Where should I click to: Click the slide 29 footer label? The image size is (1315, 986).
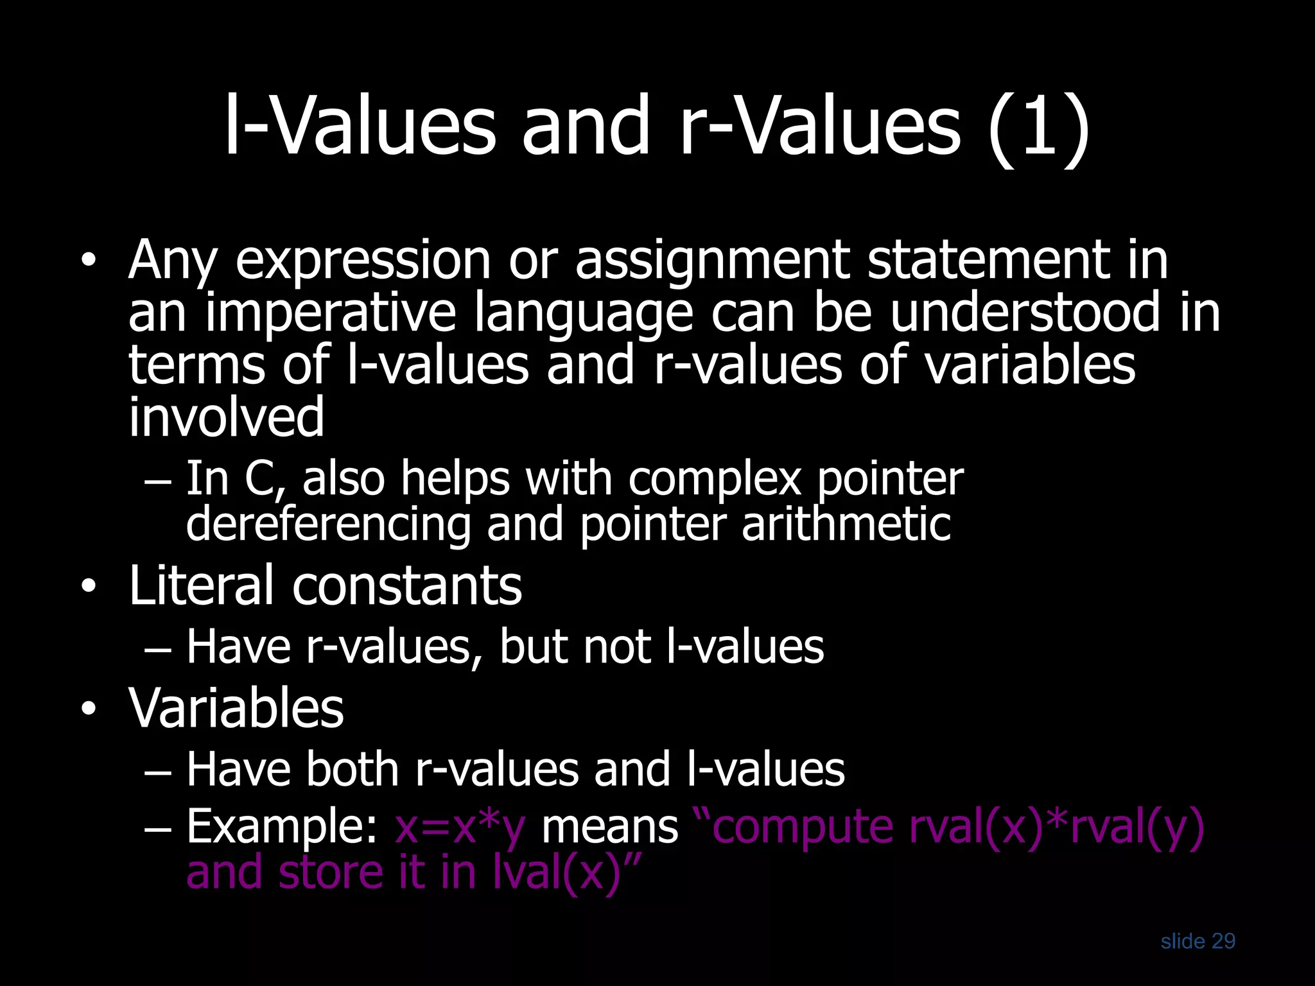(1197, 941)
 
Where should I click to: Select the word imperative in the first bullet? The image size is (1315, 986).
(330, 313)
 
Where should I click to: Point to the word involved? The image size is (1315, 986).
(226, 417)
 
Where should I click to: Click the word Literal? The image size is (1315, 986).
(202, 585)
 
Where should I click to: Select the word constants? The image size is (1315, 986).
(407, 587)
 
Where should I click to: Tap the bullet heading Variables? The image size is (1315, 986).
(236, 708)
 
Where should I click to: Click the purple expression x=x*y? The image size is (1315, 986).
(460, 827)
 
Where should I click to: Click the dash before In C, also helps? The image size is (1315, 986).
(158, 481)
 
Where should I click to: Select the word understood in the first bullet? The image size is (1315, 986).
(1025, 313)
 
